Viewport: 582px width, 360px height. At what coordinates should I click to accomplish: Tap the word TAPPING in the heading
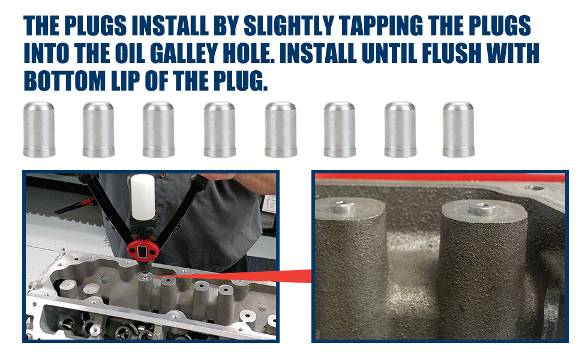381,26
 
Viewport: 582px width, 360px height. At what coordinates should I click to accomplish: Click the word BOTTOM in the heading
65,80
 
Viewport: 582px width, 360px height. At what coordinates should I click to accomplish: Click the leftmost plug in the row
39,129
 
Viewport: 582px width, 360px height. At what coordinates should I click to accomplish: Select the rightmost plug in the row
458,129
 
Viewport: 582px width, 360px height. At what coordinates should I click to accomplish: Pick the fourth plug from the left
220,129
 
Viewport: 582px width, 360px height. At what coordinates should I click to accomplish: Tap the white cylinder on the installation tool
143,197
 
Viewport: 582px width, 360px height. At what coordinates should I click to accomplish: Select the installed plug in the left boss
341,205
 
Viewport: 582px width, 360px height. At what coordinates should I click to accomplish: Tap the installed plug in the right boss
482,209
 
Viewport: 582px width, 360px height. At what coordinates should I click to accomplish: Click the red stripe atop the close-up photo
440,178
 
